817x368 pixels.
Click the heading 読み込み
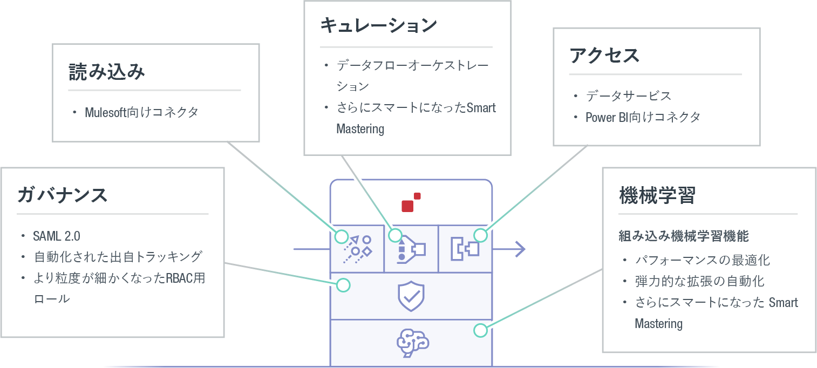click(x=107, y=72)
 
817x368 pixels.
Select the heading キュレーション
click(x=378, y=26)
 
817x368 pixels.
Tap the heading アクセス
click(x=604, y=56)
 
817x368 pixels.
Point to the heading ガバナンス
click(x=63, y=195)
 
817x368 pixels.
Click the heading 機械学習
click(x=657, y=196)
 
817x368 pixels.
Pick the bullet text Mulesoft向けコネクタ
click(x=141, y=112)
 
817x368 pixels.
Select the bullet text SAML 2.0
click(x=57, y=236)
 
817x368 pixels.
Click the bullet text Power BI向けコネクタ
click(x=642, y=117)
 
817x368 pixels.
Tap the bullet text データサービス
click(x=628, y=96)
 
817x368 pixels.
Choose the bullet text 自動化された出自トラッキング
click(x=118, y=256)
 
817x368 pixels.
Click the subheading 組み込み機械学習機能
click(x=683, y=236)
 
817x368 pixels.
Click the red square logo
click(x=411, y=203)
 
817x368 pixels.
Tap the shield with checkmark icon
click(x=411, y=296)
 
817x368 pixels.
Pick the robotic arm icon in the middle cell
click(x=411, y=249)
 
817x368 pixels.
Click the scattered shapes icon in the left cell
click(x=358, y=249)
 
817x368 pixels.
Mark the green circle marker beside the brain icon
click(x=480, y=330)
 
